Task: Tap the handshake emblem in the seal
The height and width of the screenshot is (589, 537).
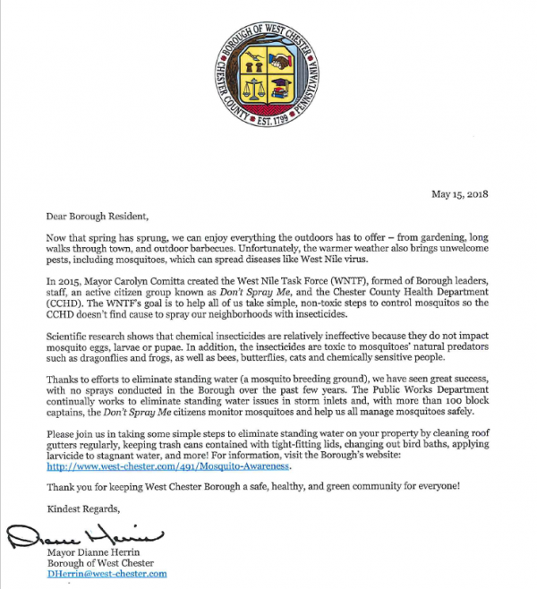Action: (x=281, y=63)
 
